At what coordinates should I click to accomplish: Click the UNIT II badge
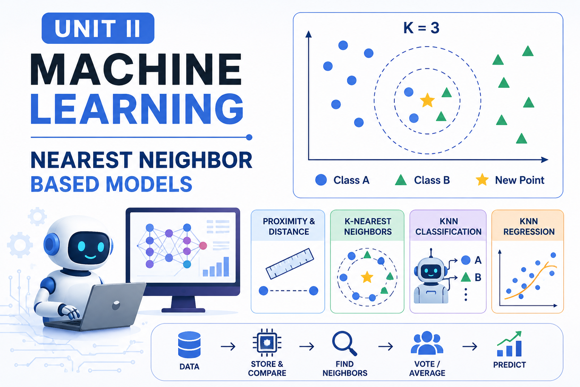98,28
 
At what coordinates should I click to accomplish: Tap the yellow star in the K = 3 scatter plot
427,101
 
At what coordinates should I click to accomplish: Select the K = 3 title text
421,28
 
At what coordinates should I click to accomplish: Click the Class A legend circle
321,180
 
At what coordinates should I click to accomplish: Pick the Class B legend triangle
401,180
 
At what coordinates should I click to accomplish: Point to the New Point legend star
482,180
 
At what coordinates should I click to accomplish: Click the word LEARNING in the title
137,109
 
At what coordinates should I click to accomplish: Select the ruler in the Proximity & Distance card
290,264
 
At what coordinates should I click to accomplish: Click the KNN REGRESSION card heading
529,226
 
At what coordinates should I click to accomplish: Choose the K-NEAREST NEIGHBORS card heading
368,226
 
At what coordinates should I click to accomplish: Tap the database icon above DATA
189,345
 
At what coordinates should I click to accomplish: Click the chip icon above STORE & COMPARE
267,343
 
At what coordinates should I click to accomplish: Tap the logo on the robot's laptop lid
116,305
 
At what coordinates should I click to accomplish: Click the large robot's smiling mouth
90,257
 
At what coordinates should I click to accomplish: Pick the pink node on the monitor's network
203,246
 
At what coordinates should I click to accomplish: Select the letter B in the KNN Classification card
478,277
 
